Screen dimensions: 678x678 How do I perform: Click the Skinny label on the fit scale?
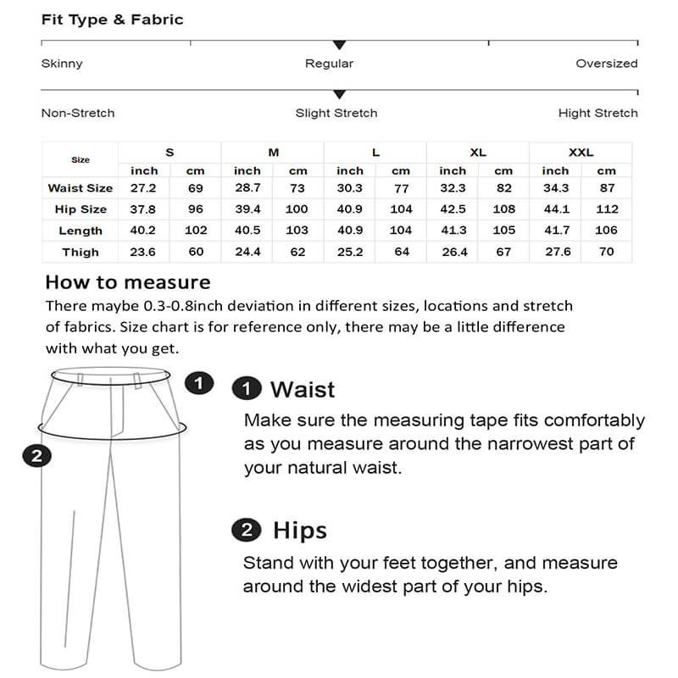coord(62,64)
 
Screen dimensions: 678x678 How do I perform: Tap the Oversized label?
coord(606,64)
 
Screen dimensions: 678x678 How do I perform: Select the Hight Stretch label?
coord(597,113)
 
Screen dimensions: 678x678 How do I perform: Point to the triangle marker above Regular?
coord(339,44)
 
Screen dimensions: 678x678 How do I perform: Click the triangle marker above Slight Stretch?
coord(339,94)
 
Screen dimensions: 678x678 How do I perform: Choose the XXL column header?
coord(581,153)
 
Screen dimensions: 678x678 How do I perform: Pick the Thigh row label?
coord(81,252)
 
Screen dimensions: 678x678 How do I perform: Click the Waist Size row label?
coord(81,188)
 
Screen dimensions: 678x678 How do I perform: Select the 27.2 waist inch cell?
coord(144,188)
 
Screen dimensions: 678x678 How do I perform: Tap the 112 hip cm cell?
coord(606,209)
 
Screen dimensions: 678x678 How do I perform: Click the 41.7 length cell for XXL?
coord(555,231)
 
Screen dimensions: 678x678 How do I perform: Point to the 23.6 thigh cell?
coord(144,252)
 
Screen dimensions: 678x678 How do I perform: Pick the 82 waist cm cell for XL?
coord(503,188)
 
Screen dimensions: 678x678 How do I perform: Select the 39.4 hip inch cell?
coord(247,209)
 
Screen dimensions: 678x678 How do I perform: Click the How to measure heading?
coord(127,282)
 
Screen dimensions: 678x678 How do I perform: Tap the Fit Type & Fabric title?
coord(112,19)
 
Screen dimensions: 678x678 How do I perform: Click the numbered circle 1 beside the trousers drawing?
coord(198,383)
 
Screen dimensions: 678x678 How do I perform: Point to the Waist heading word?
coord(303,390)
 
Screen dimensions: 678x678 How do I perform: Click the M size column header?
coord(273,153)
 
